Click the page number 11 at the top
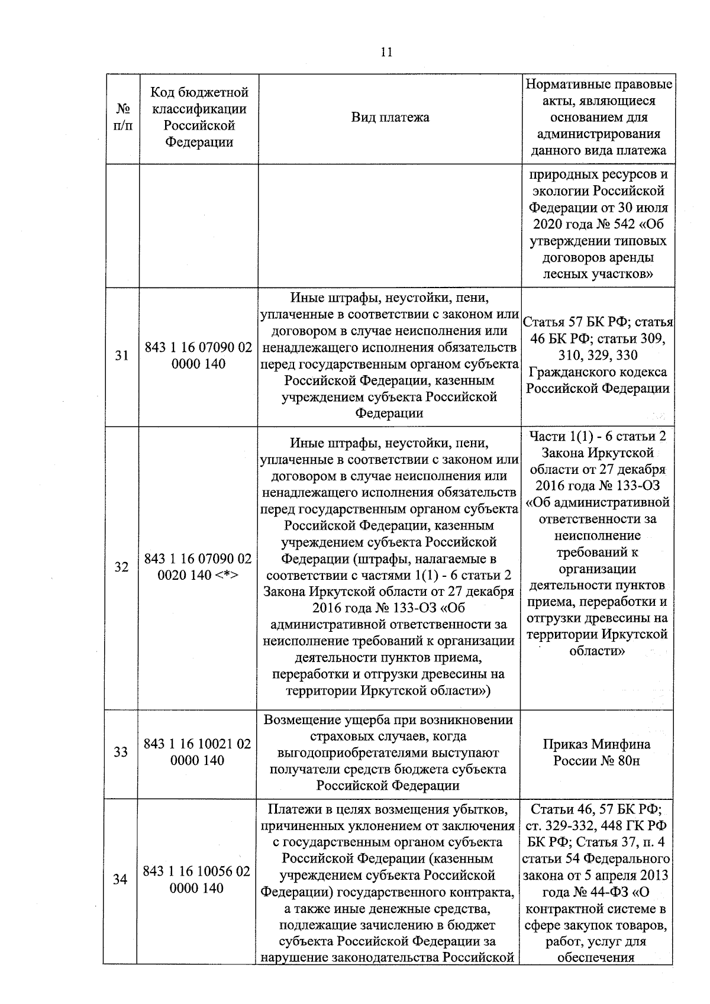386,52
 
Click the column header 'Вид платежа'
390,117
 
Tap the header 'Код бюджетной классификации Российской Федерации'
199,117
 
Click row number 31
121,356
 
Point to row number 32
121,567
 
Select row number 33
121,752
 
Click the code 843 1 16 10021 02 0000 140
198,752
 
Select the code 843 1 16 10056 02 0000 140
196,880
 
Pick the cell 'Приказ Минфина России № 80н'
596,752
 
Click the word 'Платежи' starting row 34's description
292,809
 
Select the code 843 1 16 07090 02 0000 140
198,356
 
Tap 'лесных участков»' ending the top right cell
598,274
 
